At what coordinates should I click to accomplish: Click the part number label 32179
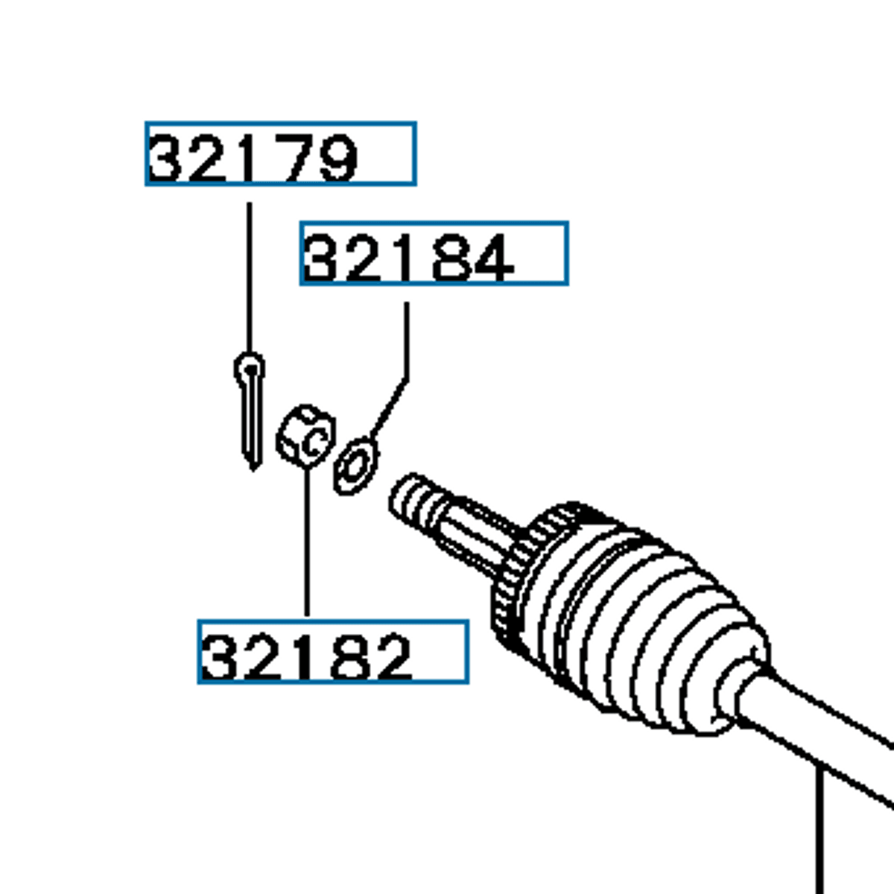280,153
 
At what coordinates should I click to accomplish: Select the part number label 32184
434,253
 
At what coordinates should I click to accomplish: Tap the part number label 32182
332,651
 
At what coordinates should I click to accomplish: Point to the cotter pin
250,410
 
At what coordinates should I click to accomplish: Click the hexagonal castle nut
305,437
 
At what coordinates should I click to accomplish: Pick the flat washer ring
355,466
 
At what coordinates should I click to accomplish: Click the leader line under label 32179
249,276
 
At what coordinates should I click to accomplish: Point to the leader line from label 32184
406,343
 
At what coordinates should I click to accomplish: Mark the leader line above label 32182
306,544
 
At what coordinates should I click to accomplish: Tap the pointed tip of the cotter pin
253,463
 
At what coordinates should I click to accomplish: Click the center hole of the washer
356,466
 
